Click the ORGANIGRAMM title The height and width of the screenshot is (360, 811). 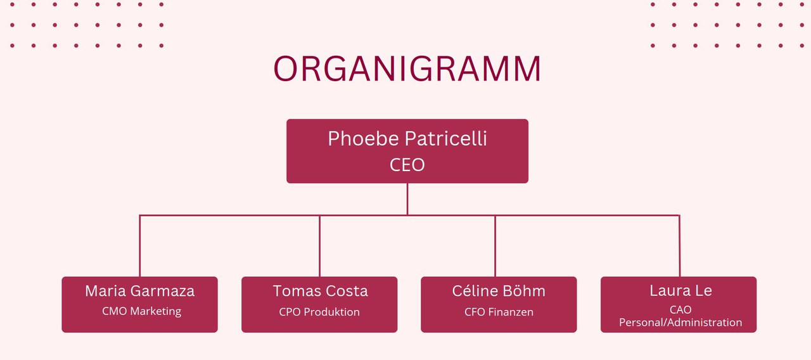click(407, 68)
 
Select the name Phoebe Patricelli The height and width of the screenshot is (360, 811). click(407, 138)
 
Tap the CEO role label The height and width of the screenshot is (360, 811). click(407, 165)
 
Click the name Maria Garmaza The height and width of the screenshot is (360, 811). click(140, 291)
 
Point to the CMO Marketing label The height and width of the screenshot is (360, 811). click(141, 311)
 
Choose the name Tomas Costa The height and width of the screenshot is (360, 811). click(320, 291)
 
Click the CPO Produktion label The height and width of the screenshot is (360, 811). click(319, 312)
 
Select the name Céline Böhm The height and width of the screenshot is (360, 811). click(499, 291)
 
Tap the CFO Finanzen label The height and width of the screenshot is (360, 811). click(499, 312)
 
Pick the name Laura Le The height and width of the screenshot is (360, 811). click(680, 290)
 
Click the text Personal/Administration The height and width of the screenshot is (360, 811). click(680, 323)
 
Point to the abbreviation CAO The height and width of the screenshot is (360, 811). click(680, 310)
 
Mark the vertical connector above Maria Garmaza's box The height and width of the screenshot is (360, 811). click(140, 246)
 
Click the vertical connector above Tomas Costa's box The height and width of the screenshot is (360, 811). click(320, 246)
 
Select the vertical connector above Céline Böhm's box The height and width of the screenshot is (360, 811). click(495, 246)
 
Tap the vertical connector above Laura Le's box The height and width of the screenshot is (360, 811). click(680, 246)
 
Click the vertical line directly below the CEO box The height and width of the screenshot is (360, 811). click(407, 199)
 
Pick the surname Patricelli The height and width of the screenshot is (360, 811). click(445, 138)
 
